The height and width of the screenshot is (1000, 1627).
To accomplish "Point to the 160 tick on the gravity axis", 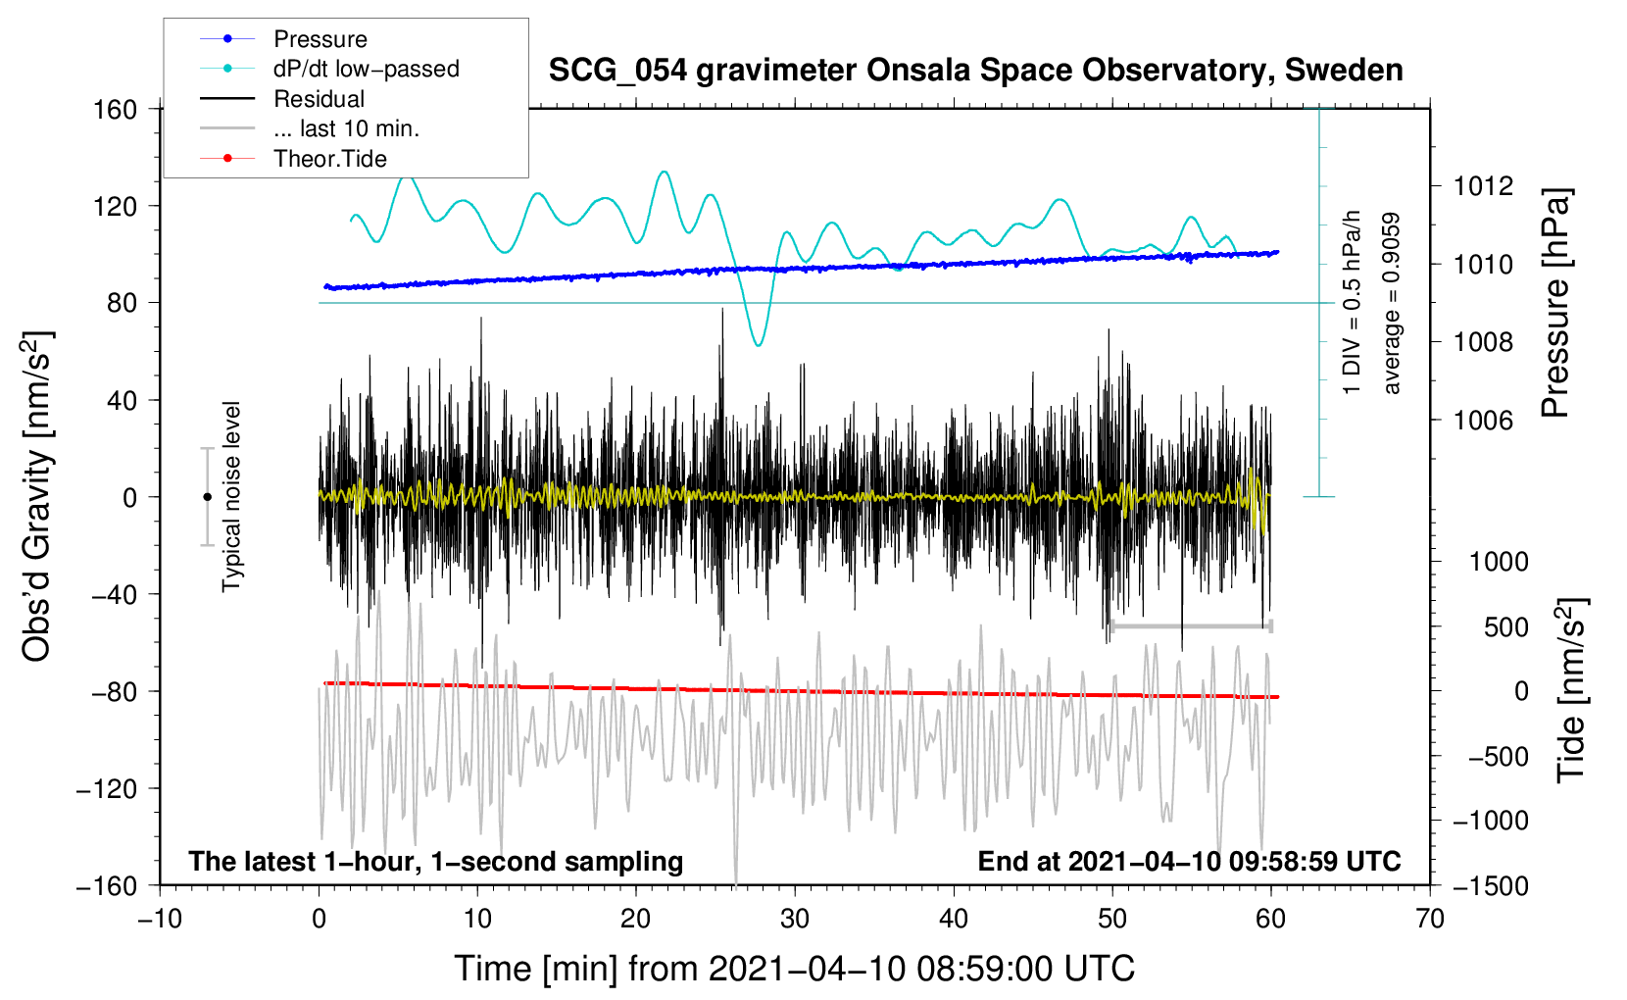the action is click(x=116, y=110).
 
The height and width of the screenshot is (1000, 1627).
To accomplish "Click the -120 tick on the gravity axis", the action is click(x=108, y=788).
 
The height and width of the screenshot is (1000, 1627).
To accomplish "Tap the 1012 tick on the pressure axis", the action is click(x=1483, y=187).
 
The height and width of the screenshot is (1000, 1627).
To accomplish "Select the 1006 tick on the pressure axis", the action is click(x=1483, y=420).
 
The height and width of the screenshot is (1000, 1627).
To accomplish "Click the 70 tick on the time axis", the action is click(x=1430, y=919).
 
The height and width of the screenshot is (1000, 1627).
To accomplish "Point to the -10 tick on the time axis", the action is click(x=160, y=919).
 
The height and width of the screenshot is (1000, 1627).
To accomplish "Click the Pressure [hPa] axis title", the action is click(x=1555, y=303).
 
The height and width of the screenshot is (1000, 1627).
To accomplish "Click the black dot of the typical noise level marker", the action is click(x=207, y=497).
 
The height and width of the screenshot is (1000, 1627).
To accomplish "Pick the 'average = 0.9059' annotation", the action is click(x=1390, y=304).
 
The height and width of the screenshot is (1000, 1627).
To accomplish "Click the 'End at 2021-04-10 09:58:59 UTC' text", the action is click(x=1189, y=861).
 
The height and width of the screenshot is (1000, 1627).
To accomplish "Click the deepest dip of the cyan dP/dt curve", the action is click(x=759, y=345).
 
